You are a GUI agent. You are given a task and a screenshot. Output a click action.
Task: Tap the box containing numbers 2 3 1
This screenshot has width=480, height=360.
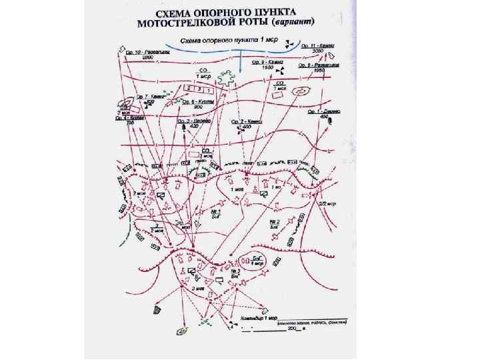coord(198,89)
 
